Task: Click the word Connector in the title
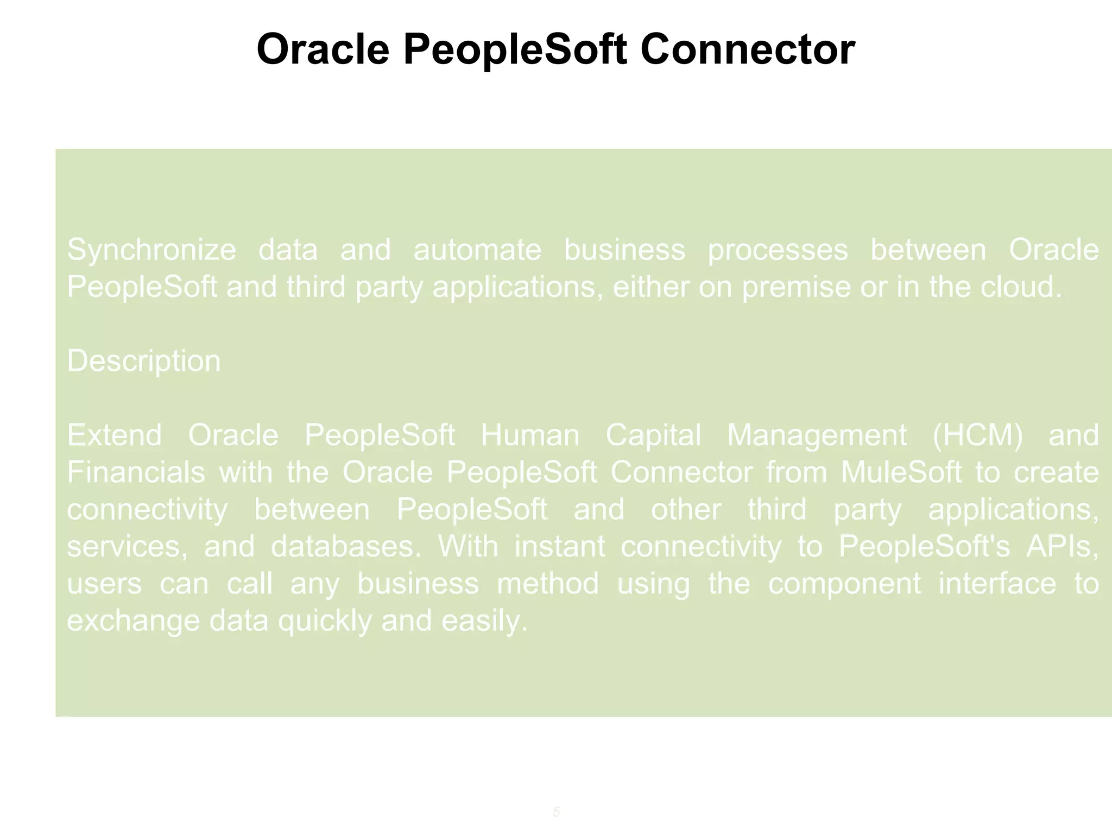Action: coord(747,49)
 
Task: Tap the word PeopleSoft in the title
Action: coord(515,49)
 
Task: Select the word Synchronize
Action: coord(151,250)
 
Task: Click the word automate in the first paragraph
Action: coord(477,250)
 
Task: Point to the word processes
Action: coord(778,250)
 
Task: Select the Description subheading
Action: coord(144,361)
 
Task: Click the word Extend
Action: coord(114,435)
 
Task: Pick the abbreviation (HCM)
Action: coord(977,435)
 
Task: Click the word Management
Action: coord(817,435)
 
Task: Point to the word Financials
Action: coord(136,472)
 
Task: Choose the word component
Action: coord(844,584)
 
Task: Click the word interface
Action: coord(997,584)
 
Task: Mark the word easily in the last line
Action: coord(484,621)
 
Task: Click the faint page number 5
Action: coord(556,812)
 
